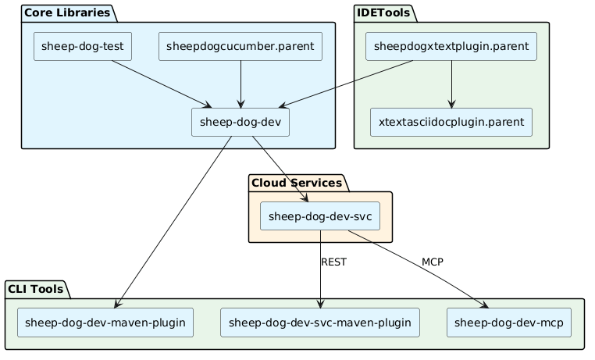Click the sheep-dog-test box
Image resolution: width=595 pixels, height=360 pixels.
(83, 48)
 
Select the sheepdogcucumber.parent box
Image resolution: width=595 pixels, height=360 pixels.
(240, 48)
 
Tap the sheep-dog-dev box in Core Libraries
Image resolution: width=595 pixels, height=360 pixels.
(240, 123)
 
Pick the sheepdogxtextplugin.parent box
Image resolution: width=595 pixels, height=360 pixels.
(451, 48)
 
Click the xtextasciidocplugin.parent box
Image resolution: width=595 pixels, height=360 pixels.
(451, 123)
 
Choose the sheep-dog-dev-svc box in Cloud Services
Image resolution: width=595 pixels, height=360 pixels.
(320, 216)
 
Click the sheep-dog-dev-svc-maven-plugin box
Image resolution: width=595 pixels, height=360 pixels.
(320, 323)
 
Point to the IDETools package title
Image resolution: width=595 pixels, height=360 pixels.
(384, 12)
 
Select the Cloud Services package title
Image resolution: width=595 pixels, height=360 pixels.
(297, 183)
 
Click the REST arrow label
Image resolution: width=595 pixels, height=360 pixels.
(333, 262)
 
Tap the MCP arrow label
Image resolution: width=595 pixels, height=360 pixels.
(432, 262)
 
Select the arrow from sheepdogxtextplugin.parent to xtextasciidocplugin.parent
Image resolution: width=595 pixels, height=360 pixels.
(451, 84)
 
